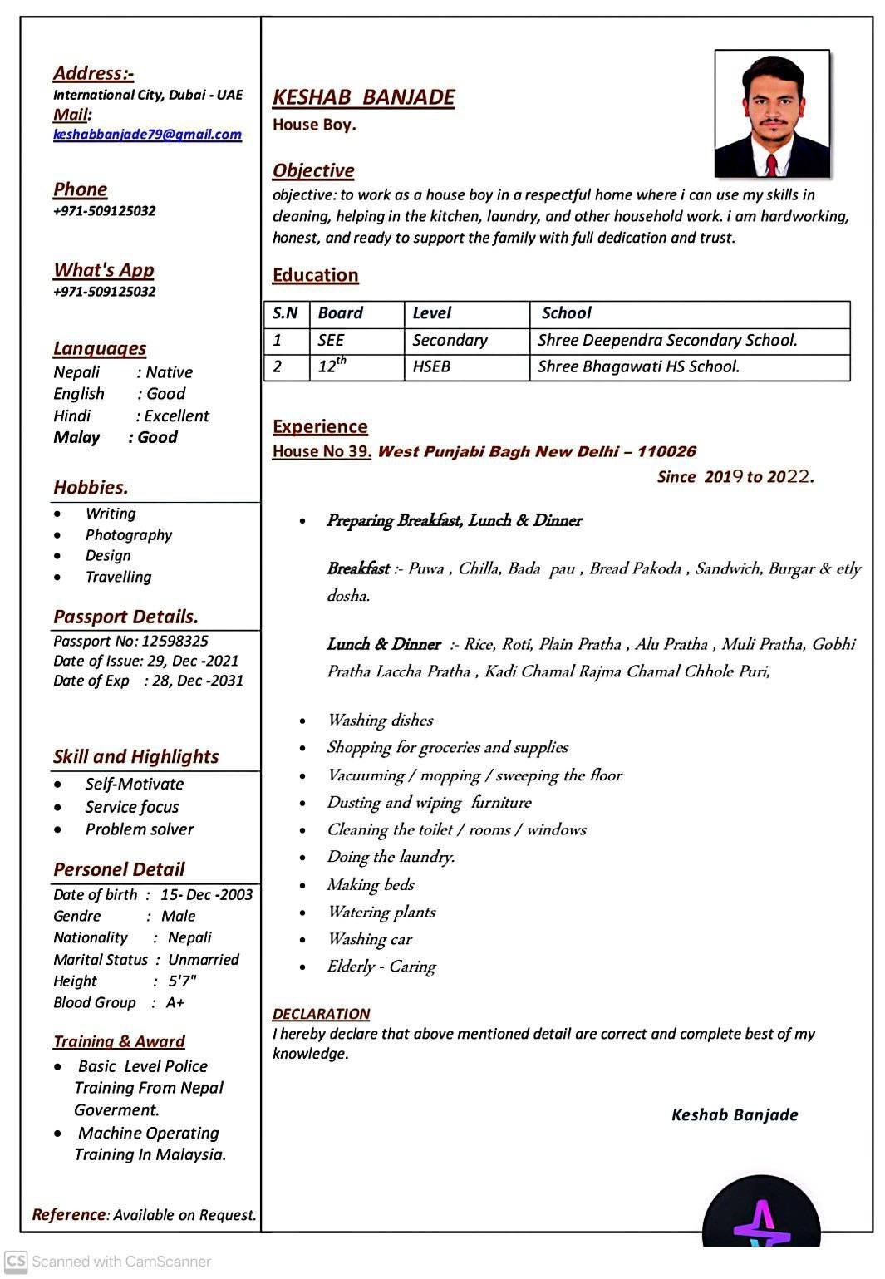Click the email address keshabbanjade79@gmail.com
tap(147, 135)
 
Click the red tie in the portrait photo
tap(772, 164)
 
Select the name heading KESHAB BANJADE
tap(363, 97)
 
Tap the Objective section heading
tap(313, 170)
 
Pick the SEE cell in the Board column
tap(331, 340)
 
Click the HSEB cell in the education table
tap(431, 366)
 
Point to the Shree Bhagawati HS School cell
tap(638, 366)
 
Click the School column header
tap(566, 313)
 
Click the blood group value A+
tap(175, 1002)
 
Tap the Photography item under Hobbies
tap(129, 535)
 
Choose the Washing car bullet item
tap(369, 939)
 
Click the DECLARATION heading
tap(321, 1014)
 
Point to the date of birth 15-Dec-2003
tap(206, 894)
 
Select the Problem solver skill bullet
tap(140, 829)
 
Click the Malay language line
tap(115, 437)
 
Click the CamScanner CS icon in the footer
tap(16, 1261)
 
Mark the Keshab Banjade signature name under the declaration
tap(735, 1114)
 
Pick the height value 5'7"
tap(182, 981)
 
